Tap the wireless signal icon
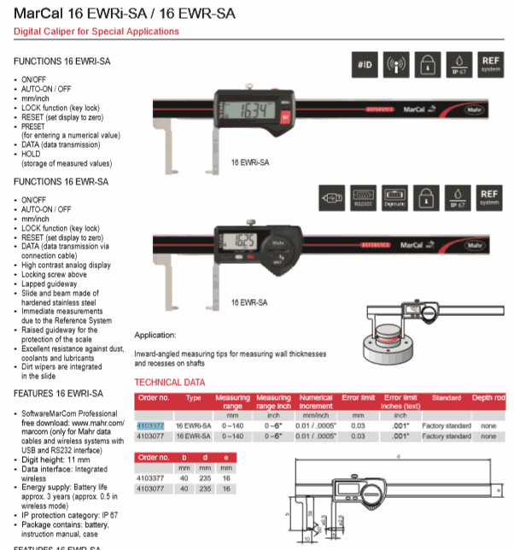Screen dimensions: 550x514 (396, 65)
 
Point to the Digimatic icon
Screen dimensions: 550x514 (394, 197)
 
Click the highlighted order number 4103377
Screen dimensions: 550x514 (152, 424)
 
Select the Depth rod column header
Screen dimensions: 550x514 (488, 397)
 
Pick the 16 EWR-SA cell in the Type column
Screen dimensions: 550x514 (194, 436)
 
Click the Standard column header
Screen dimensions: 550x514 (446, 397)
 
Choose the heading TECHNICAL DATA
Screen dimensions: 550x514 (170, 383)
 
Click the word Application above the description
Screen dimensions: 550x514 (155, 335)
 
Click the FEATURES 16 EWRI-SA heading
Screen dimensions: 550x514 (59, 394)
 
